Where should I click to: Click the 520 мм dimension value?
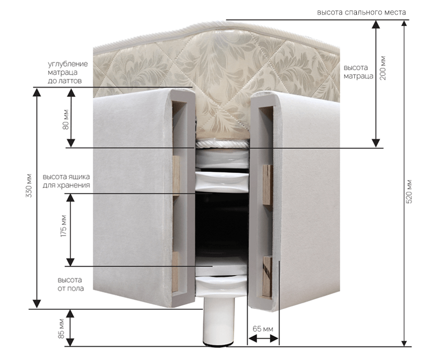(x=409, y=190)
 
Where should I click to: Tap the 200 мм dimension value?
(x=383, y=68)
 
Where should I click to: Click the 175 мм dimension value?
(x=64, y=228)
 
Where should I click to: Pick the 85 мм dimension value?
(x=62, y=328)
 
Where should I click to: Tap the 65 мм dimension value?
(x=262, y=328)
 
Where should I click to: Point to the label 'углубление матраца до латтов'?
(x=67, y=73)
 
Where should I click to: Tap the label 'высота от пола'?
(x=70, y=285)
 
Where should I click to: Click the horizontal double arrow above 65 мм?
(x=263, y=339)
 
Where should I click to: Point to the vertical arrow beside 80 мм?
(x=70, y=118)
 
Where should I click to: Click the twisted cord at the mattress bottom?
(x=221, y=143)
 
